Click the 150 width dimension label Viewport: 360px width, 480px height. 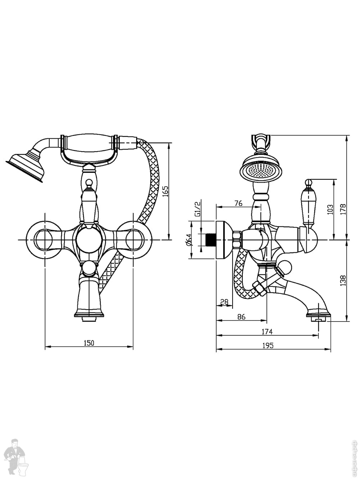(x=89, y=343)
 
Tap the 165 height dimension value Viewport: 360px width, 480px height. (x=165, y=190)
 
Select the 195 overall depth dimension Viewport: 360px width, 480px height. (x=267, y=345)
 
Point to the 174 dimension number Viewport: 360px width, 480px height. (x=267, y=331)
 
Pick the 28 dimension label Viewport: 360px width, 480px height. (x=224, y=302)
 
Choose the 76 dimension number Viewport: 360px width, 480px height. (x=238, y=203)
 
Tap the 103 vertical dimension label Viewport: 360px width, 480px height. (x=330, y=209)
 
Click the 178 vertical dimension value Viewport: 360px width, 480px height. (x=343, y=209)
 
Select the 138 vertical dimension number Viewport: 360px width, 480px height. (x=343, y=281)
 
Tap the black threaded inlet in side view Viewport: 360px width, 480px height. (x=209, y=240)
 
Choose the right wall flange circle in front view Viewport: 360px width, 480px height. (x=133, y=239)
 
